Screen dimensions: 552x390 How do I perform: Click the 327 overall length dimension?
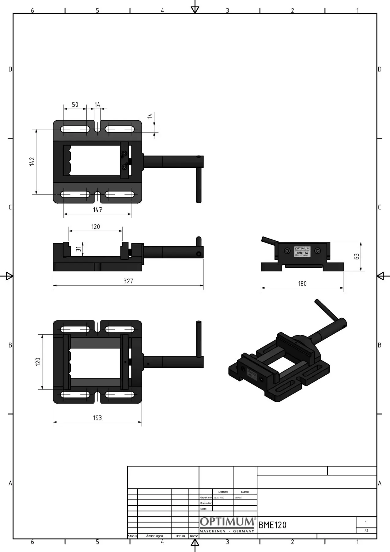(128, 281)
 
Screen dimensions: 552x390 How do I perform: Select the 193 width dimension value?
(97, 418)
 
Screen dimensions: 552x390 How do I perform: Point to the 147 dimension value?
(97, 210)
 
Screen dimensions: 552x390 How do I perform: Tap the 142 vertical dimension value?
(32, 162)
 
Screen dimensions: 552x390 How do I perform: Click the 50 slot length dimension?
(75, 105)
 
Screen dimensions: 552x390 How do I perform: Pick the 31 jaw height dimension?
(79, 249)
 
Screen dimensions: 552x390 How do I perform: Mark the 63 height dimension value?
(357, 256)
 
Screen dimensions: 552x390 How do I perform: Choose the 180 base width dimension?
(302, 284)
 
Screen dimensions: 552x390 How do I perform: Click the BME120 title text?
(272, 525)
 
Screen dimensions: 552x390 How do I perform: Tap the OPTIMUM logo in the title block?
(227, 522)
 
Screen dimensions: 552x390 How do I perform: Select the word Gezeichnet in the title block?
(206, 497)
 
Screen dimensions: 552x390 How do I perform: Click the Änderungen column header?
(154, 536)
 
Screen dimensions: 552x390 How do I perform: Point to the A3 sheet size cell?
(366, 531)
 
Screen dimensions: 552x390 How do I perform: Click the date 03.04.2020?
(219, 497)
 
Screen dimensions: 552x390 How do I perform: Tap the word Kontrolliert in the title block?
(206, 503)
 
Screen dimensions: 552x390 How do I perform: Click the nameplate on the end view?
(302, 251)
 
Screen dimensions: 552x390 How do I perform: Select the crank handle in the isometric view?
(327, 310)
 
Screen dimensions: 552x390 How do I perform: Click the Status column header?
(132, 536)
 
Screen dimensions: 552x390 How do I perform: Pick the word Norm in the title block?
(203, 509)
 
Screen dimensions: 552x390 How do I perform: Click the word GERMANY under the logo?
(244, 531)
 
